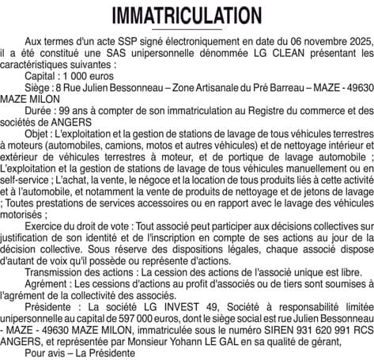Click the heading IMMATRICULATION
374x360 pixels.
pos(187,15)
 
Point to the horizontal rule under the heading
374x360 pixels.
pos(187,29)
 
